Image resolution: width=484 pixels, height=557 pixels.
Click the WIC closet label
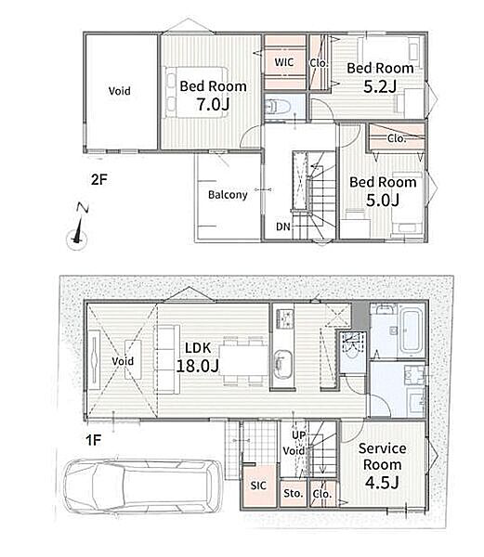point(284,62)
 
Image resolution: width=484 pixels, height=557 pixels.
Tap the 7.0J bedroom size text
point(214,104)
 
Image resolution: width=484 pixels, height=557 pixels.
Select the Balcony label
point(228,195)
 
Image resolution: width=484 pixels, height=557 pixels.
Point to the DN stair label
point(282,227)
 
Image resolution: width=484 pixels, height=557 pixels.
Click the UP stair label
point(298,435)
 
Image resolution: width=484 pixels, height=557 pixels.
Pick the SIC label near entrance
point(258,486)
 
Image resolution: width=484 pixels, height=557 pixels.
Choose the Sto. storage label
point(294,494)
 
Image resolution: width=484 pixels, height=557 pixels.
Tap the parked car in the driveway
point(142,486)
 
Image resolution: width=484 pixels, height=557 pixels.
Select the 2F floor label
point(99,180)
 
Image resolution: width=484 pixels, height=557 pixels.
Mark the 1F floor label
point(94,440)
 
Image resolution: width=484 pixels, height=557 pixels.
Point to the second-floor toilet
point(278,106)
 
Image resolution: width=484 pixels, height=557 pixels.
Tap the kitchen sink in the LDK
point(283,362)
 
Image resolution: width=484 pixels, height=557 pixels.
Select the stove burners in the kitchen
point(284,318)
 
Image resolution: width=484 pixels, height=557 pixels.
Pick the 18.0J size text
point(197,366)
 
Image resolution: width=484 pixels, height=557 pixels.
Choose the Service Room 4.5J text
point(382,465)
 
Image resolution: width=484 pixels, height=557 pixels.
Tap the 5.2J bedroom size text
point(380,86)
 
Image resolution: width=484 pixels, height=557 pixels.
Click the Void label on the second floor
point(120,91)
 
